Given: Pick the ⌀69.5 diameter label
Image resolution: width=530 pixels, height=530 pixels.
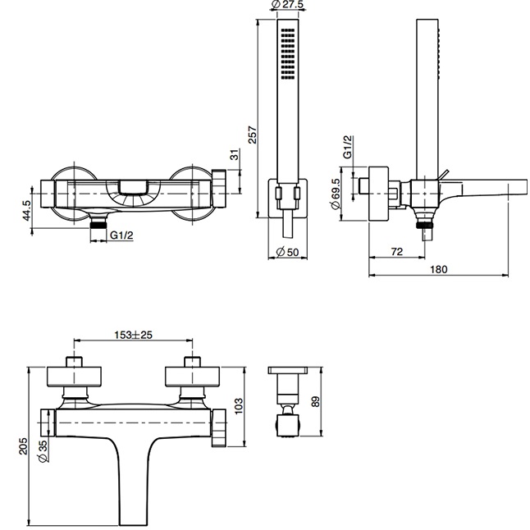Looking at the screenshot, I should point(336,194).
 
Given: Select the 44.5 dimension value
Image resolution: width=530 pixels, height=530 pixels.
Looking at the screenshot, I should point(26,211).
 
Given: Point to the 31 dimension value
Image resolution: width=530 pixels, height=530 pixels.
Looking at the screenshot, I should point(233,155).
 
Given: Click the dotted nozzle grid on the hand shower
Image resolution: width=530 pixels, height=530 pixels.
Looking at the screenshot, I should point(286,54).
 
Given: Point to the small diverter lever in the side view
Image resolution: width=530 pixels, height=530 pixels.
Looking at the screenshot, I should point(442,172).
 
